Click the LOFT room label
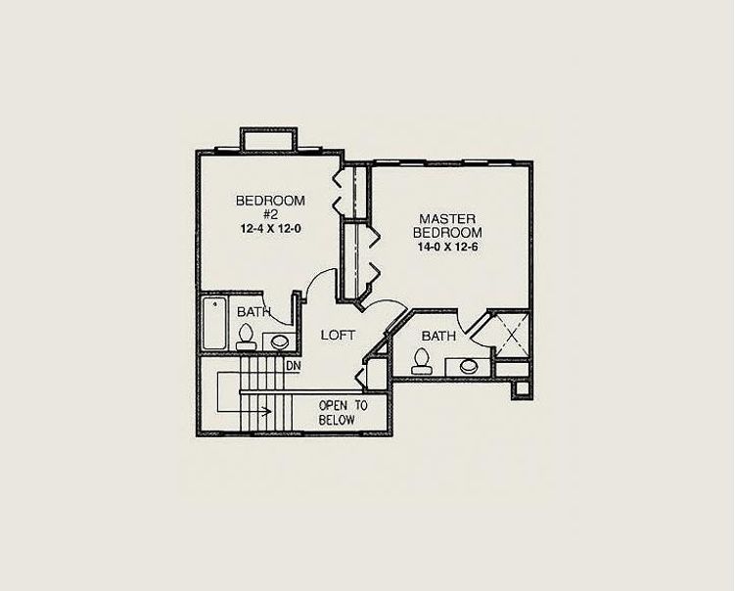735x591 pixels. pyautogui.click(x=338, y=335)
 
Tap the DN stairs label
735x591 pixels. pyautogui.click(x=294, y=366)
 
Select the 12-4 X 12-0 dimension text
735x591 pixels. pyautogui.click(x=270, y=229)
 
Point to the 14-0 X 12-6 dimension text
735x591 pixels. pyautogui.click(x=447, y=247)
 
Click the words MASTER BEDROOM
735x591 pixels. pyautogui.click(x=447, y=225)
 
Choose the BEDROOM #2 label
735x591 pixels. pyautogui.click(x=270, y=207)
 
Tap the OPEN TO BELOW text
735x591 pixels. pyautogui.click(x=337, y=413)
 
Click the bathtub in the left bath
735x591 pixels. pyautogui.click(x=214, y=323)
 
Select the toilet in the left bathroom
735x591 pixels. pyautogui.click(x=246, y=338)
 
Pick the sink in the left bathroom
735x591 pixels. pyautogui.click(x=280, y=341)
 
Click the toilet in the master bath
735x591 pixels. pyautogui.click(x=421, y=361)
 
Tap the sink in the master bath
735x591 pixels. pyautogui.click(x=468, y=367)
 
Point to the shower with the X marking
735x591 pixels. pyautogui.click(x=512, y=335)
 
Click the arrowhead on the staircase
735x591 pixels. pyautogui.click(x=267, y=412)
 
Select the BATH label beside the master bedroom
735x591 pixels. pyautogui.click(x=438, y=336)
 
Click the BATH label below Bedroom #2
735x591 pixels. pyautogui.click(x=253, y=312)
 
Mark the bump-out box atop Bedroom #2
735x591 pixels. pyautogui.click(x=268, y=139)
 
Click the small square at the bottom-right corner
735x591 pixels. pyautogui.click(x=522, y=388)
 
